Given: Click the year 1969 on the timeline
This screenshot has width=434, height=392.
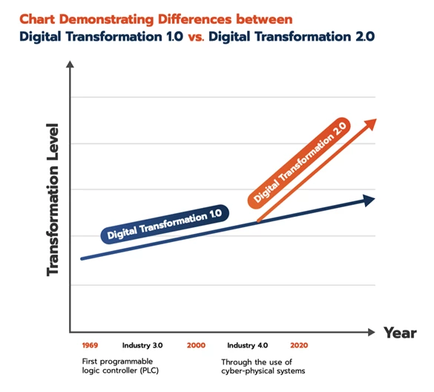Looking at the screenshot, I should click(89, 346).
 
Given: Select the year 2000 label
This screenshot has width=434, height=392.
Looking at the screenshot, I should click(196, 346).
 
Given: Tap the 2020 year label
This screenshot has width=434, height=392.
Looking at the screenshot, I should click(300, 346).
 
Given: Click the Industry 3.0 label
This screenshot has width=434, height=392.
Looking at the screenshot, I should click(142, 346).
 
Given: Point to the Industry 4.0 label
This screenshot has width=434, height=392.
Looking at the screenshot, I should click(247, 346).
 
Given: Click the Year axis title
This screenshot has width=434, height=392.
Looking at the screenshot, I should click(399, 333).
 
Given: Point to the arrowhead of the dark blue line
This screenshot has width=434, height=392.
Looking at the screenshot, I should click(369, 199).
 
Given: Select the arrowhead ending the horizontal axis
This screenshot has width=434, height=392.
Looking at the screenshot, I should click(372, 332).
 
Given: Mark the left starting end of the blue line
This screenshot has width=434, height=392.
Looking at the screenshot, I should click(82, 258).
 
